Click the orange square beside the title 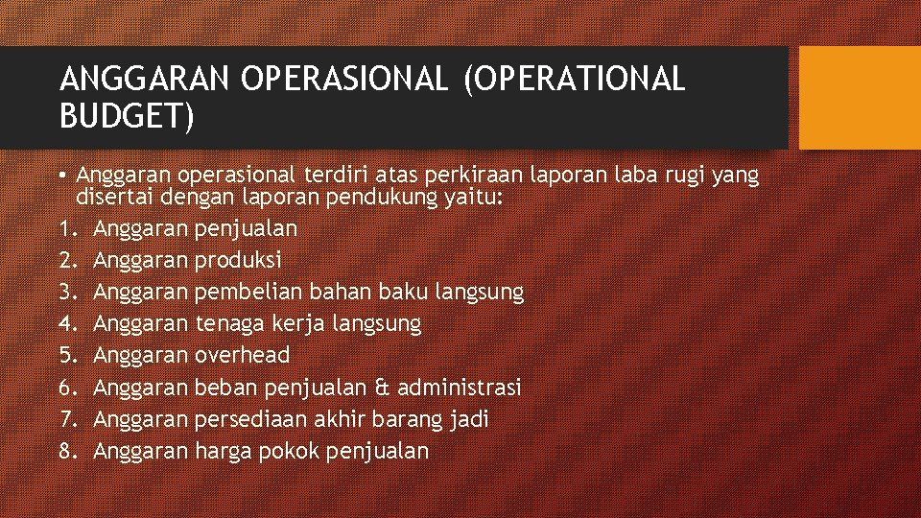(859, 98)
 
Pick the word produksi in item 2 (238, 260)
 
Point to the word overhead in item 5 (242, 355)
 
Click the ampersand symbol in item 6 (381, 388)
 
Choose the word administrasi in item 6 (459, 388)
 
